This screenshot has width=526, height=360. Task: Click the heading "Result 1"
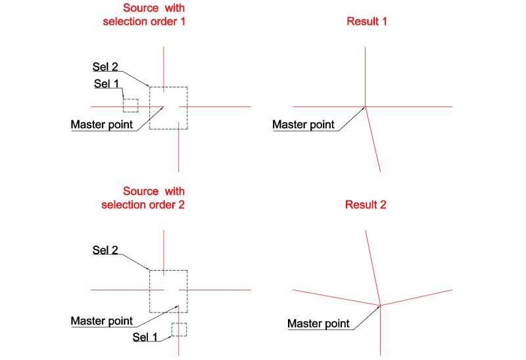pos(367,22)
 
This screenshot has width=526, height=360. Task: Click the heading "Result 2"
pos(366,205)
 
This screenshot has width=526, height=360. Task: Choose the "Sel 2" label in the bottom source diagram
pos(105,250)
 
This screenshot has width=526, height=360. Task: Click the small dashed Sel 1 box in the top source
pos(130,106)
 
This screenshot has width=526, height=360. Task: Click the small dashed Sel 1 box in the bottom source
pos(179,329)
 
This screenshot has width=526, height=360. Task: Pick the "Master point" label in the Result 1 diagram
pos(303,125)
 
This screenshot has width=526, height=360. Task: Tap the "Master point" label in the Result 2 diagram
pos(318,324)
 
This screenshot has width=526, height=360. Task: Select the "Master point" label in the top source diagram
pos(102,125)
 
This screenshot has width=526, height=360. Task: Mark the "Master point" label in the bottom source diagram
pos(102,321)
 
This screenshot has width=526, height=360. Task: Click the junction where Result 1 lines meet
pos(366,106)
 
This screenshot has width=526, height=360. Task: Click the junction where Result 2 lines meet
pos(381,305)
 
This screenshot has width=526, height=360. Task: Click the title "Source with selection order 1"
pos(144,14)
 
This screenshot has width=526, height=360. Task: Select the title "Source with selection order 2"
pos(144,198)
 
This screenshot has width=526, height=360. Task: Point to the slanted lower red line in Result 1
pos(373,141)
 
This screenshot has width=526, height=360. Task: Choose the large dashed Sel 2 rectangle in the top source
pos(187,118)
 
